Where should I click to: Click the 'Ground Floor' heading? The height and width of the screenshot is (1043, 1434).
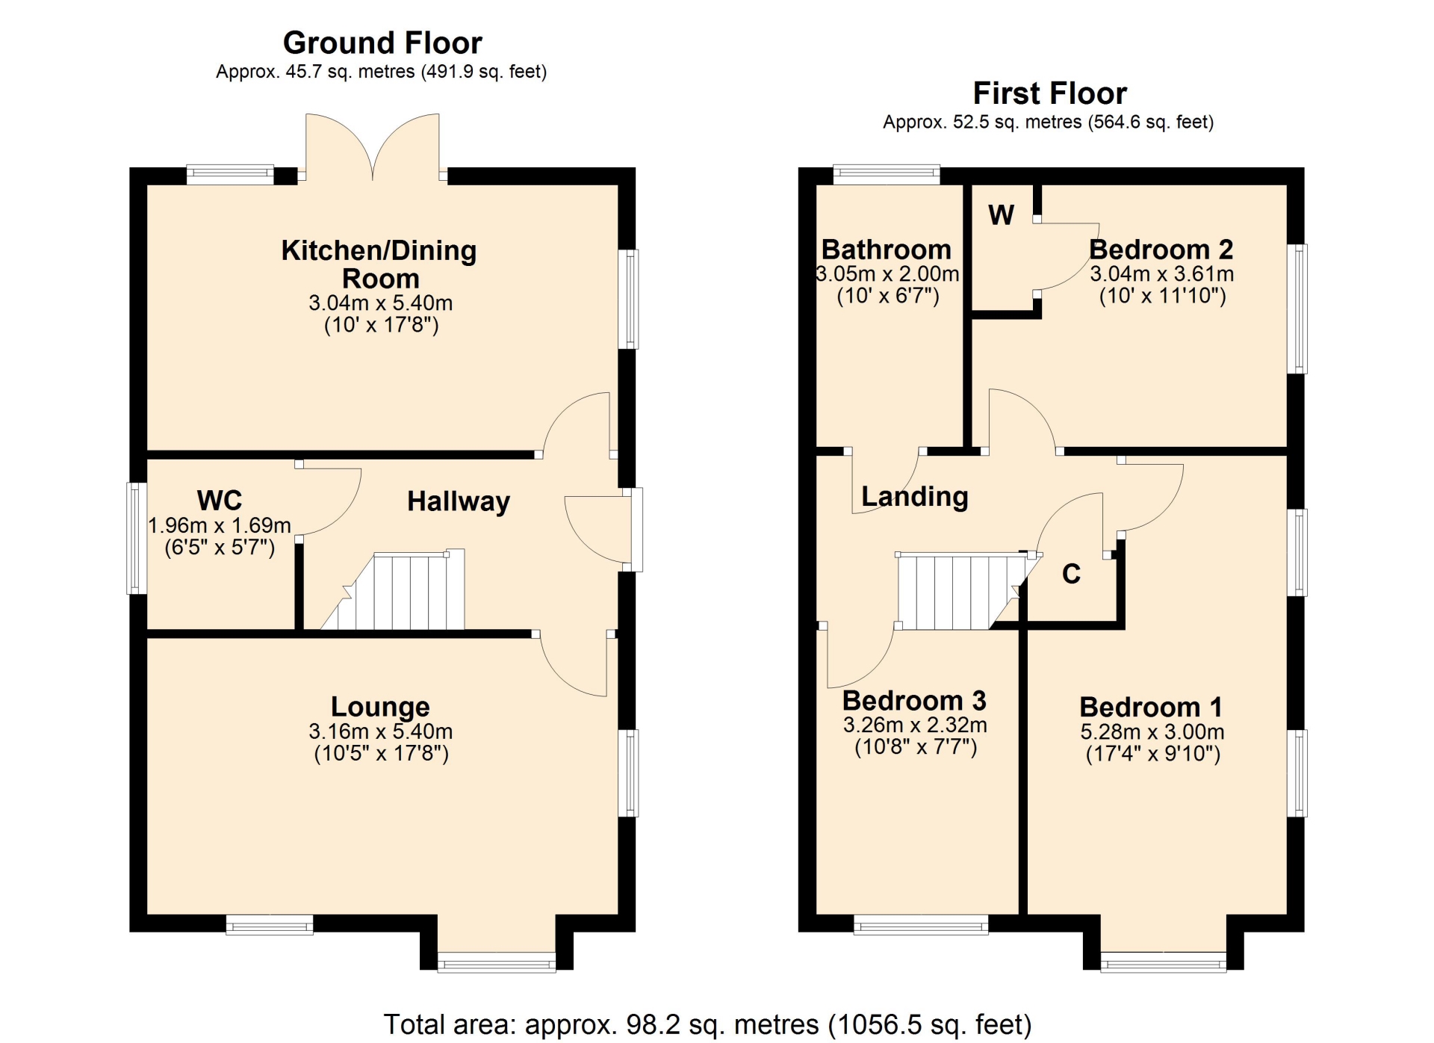tap(382, 43)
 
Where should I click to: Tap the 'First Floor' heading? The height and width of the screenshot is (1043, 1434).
tap(1049, 93)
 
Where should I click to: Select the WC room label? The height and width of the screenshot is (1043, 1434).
tap(220, 500)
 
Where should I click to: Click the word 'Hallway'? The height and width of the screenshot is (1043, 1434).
tap(459, 501)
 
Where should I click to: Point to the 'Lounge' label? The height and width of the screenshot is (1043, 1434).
tap(380, 706)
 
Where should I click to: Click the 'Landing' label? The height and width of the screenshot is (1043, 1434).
tap(915, 497)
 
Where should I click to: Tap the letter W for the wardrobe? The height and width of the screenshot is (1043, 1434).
tap(1001, 215)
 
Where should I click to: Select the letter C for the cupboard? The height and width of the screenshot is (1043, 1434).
tap(1071, 574)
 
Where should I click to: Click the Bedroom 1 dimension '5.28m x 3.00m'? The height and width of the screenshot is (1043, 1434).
tap(1152, 731)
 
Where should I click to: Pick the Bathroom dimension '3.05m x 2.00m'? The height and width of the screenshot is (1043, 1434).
tap(887, 273)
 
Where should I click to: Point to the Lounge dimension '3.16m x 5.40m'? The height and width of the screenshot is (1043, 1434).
tap(381, 731)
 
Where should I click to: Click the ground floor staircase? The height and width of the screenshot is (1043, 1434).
tap(393, 590)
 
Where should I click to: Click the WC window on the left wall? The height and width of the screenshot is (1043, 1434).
tap(137, 538)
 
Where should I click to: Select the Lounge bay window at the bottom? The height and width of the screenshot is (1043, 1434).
tap(497, 962)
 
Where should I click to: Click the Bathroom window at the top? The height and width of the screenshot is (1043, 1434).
tap(887, 174)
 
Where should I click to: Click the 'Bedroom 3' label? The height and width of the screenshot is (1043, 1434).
tap(914, 701)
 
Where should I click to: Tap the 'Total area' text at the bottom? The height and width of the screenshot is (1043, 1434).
tap(707, 1024)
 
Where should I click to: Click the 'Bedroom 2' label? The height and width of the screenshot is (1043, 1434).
tap(1161, 250)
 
